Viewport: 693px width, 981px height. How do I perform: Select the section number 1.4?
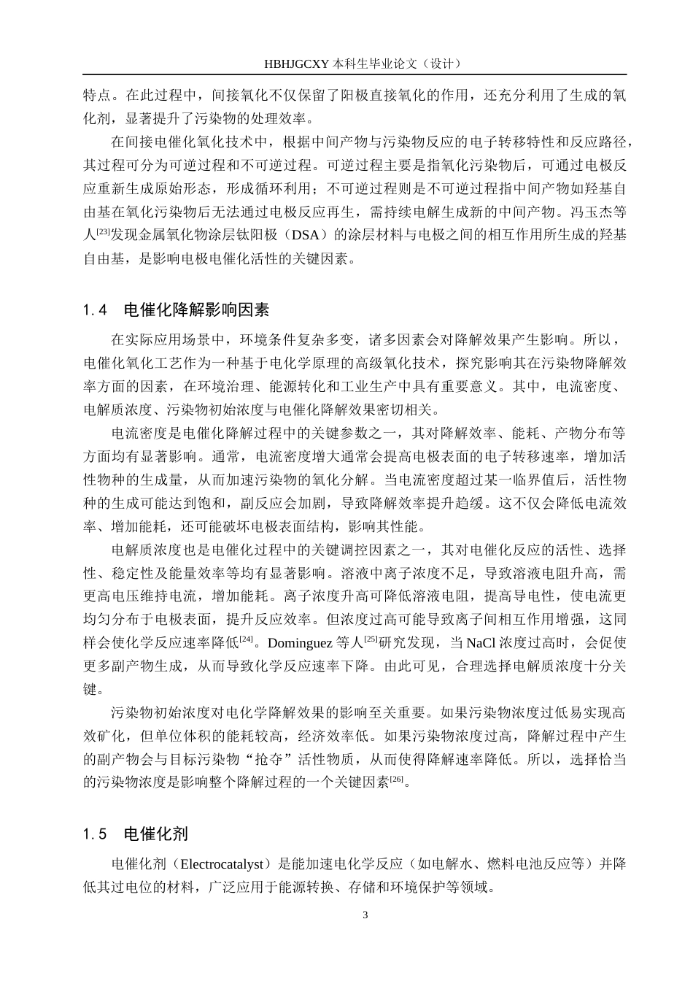pyautogui.click(x=96, y=310)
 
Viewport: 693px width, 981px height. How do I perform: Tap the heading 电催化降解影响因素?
pyautogui.click(x=196, y=310)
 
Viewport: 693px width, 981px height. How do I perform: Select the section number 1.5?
pyautogui.click(x=96, y=834)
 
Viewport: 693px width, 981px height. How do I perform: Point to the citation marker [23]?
pyautogui.click(x=104, y=232)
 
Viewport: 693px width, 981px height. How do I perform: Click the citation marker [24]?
pyautogui.click(x=247, y=639)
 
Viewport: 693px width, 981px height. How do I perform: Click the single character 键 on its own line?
pyautogui.click(x=90, y=689)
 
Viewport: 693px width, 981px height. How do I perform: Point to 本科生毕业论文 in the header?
pyautogui.click(x=376, y=64)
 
